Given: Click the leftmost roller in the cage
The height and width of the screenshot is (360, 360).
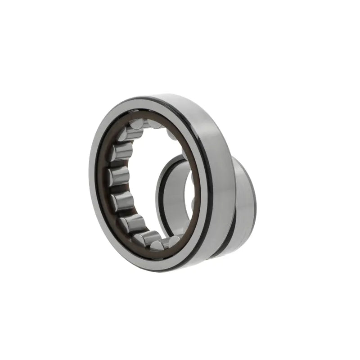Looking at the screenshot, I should (x=118, y=175).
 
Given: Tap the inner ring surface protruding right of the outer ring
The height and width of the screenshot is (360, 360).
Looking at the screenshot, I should (x=245, y=198).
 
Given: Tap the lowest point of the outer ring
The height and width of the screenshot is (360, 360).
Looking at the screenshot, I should (x=148, y=271).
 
